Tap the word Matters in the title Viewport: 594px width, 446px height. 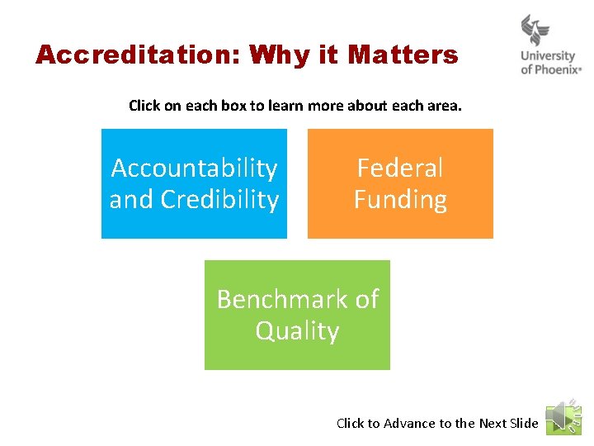coord(403,55)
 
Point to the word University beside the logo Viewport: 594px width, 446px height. coord(549,56)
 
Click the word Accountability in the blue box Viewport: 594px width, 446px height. coord(194,168)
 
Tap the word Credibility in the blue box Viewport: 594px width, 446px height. coord(219,200)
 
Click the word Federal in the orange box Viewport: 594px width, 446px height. coord(400,168)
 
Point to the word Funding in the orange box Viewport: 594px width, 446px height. coord(400,200)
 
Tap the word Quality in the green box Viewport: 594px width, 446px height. coord(297,331)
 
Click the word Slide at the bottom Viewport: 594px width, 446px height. coord(524,424)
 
